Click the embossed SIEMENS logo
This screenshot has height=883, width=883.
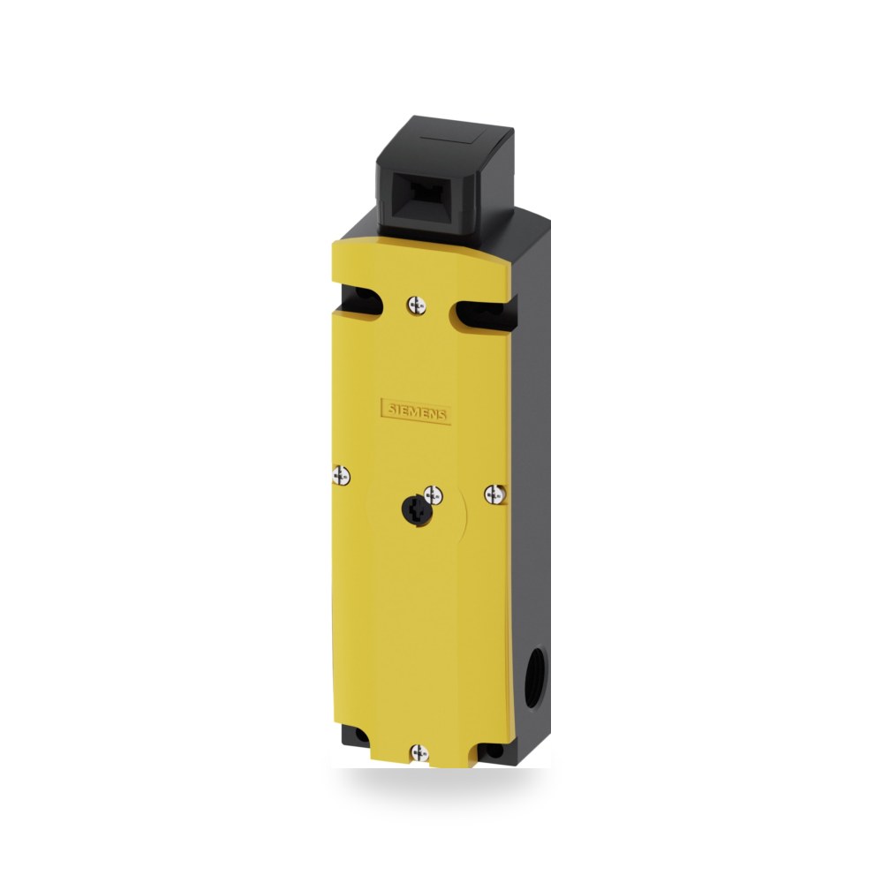pyautogui.click(x=416, y=411)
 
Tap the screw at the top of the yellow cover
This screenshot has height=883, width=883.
pyautogui.click(x=416, y=306)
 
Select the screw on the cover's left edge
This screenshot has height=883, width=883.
pyautogui.click(x=341, y=476)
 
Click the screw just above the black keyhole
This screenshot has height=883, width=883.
pyautogui.click(x=433, y=495)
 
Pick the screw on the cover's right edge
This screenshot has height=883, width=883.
pyautogui.click(x=494, y=494)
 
